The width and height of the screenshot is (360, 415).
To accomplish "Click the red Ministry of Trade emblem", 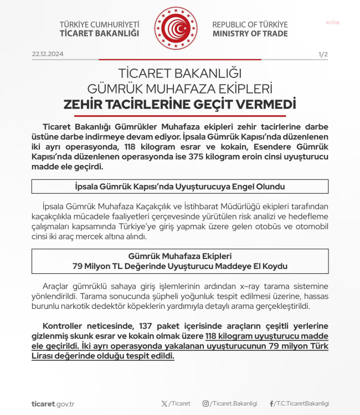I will pos(176,28).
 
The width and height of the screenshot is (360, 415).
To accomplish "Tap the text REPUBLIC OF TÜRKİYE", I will pos(250,24).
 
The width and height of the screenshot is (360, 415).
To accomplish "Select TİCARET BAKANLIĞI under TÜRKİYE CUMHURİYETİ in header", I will pos(99,33).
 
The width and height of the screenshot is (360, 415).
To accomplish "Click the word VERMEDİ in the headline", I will pos(267,104).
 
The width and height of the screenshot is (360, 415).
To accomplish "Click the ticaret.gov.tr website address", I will pos(53,404).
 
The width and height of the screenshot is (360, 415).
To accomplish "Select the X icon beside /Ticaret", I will pos(164,404).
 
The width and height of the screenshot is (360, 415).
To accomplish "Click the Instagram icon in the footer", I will pos(205,404).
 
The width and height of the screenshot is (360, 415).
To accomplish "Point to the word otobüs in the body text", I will pos(272,227).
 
